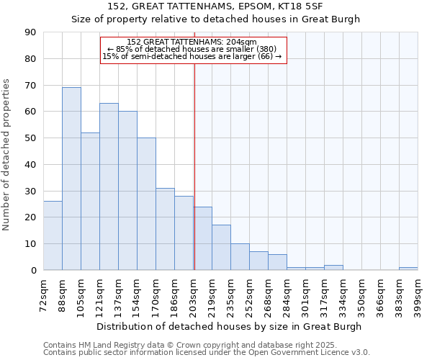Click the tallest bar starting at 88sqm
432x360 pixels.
click(x=71, y=179)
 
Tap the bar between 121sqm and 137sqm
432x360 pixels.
click(x=109, y=186)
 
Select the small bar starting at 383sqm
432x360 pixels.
click(x=408, y=269)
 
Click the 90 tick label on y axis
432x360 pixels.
click(x=30, y=32)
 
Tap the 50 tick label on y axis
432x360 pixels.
click(x=30, y=138)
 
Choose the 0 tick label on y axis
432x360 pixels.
click(x=33, y=270)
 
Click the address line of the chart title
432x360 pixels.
click(x=215, y=6)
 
